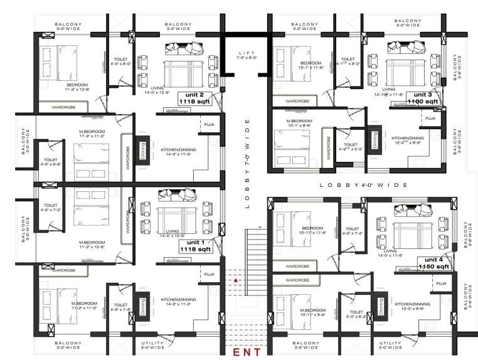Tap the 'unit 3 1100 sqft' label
[x=423, y=97]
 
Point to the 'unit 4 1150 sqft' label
[x=434, y=263]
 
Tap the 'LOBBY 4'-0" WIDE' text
[x=364, y=185]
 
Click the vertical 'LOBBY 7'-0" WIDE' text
[x=247, y=162]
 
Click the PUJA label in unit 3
[x=430, y=118]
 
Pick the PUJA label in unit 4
[x=441, y=283]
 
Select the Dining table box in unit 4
[x=380, y=306]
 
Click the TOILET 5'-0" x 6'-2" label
[x=356, y=315]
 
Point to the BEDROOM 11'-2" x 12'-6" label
[x=78, y=87]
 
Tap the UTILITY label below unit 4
[x=390, y=346]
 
